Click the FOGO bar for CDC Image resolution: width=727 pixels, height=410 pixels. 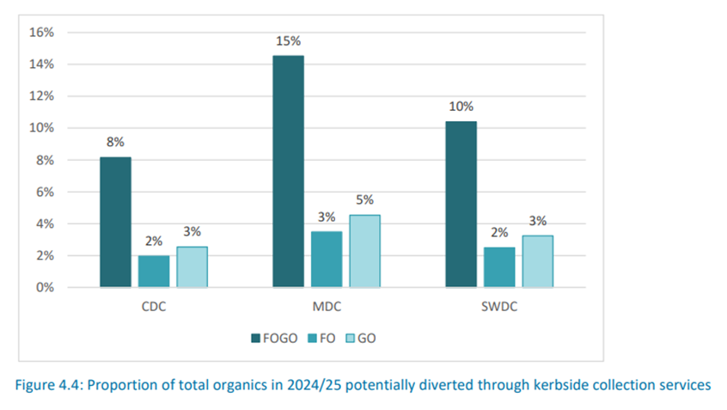tap(115, 222)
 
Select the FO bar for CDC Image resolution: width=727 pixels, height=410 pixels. tap(154, 271)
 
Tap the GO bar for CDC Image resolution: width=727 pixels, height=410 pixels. tap(192, 266)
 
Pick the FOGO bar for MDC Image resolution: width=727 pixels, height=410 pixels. tap(288, 171)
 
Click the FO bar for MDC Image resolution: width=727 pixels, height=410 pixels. tap(326, 259)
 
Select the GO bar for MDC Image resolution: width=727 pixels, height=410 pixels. tap(364, 250)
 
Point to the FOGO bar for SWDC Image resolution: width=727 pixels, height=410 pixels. tap(461, 204)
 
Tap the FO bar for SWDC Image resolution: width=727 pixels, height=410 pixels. tap(498, 266)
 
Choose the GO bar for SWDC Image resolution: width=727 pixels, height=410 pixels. tap(537, 260)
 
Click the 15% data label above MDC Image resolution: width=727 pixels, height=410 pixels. tap(288, 41)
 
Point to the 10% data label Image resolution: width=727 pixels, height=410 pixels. tap(461, 107)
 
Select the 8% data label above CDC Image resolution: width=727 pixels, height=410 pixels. tap(115, 142)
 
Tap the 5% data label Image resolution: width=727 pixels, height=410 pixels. tap(364, 199)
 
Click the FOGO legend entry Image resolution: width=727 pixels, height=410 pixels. tap(274, 338)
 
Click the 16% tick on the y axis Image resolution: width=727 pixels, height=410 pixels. tap(42, 33)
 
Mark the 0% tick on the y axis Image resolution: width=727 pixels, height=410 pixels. tap(45, 287)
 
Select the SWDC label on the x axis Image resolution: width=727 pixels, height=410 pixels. tap(498, 306)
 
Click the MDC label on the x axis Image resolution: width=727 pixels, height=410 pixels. tap(326, 306)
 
